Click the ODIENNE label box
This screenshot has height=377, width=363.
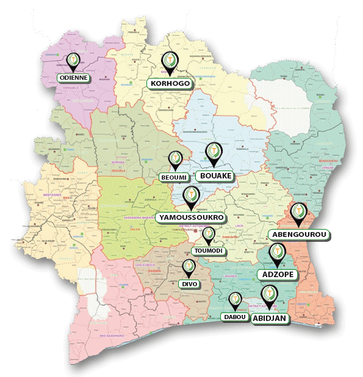(x=73, y=78)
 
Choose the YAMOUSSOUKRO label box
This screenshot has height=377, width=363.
(x=190, y=217)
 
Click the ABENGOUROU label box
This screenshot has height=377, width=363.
(x=298, y=234)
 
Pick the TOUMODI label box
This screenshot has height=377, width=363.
(x=208, y=251)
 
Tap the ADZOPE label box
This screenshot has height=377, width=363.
(x=278, y=275)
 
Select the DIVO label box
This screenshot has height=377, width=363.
(x=189, y=284)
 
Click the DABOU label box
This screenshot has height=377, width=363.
(x=234, y=317)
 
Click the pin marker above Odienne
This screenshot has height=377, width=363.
(x=73, y=60)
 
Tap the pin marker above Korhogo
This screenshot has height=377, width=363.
(x=170, y=62)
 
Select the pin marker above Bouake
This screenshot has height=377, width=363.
(x=214, y=152)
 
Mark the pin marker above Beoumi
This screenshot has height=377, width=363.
(x=176, y=158)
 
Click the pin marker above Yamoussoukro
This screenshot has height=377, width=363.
(x=190, y=196)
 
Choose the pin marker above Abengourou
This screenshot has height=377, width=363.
(x=298, y=213)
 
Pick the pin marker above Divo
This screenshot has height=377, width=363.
(x=189, y=267)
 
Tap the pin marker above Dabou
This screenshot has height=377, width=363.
(x=235, y=300)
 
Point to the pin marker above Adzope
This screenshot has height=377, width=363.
(x=278, y=252)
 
